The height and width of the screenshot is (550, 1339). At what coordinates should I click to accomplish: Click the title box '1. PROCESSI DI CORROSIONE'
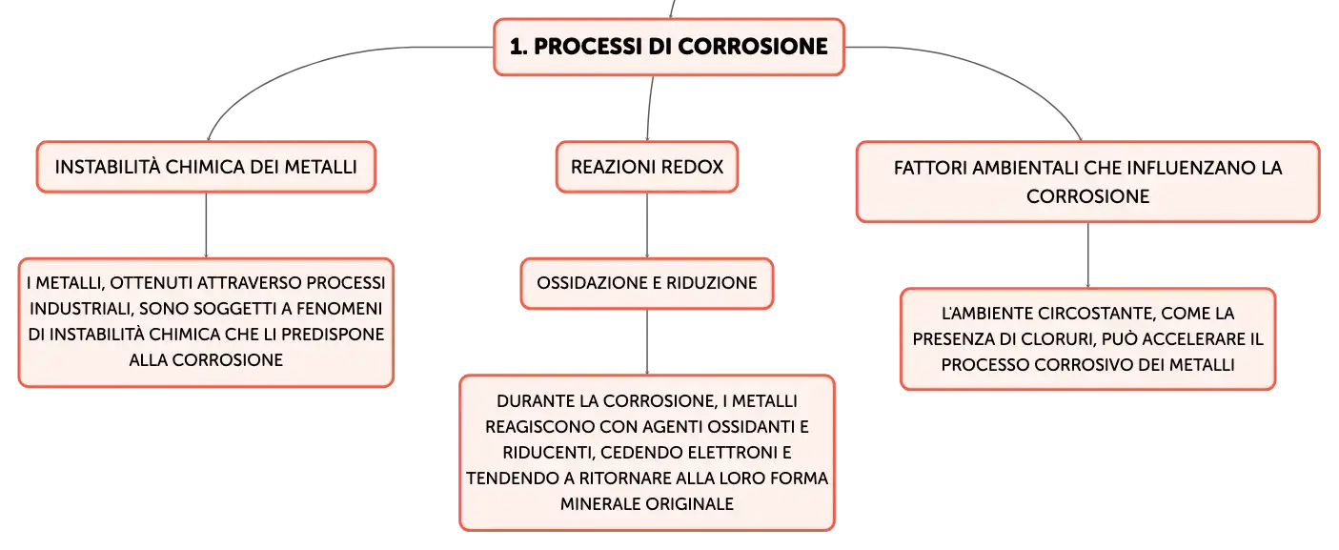pyautogui.click(x=669, y=47)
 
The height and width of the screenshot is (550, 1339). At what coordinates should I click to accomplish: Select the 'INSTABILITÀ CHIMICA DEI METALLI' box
pyautogui.click(x=206, y=167)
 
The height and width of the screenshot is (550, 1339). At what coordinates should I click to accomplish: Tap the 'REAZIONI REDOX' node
pyautogui.click(x=647, y=167)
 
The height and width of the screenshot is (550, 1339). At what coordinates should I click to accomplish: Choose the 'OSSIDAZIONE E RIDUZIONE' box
pyautogui.click(x=647, y=283)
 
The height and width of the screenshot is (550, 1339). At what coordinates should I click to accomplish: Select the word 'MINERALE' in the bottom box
pyautogui.click(x=601, y=504)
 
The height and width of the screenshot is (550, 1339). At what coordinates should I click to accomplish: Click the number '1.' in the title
pyautogui.click(x=518, y=47)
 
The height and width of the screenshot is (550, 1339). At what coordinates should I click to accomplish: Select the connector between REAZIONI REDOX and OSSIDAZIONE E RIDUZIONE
pyautogui.click(x=647, y=225)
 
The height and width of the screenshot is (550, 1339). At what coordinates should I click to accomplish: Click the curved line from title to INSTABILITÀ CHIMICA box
pyautogui.click(x=311, y=65)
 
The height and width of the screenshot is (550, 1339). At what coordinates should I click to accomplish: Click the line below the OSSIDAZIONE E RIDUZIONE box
pyautogui.click(x=647, y=342)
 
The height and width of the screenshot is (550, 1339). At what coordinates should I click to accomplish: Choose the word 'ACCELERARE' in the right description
pyautogui.click(x=1186, y=339)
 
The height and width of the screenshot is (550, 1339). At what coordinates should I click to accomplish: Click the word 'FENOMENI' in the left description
pyautogui.click(x=339, y=309)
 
